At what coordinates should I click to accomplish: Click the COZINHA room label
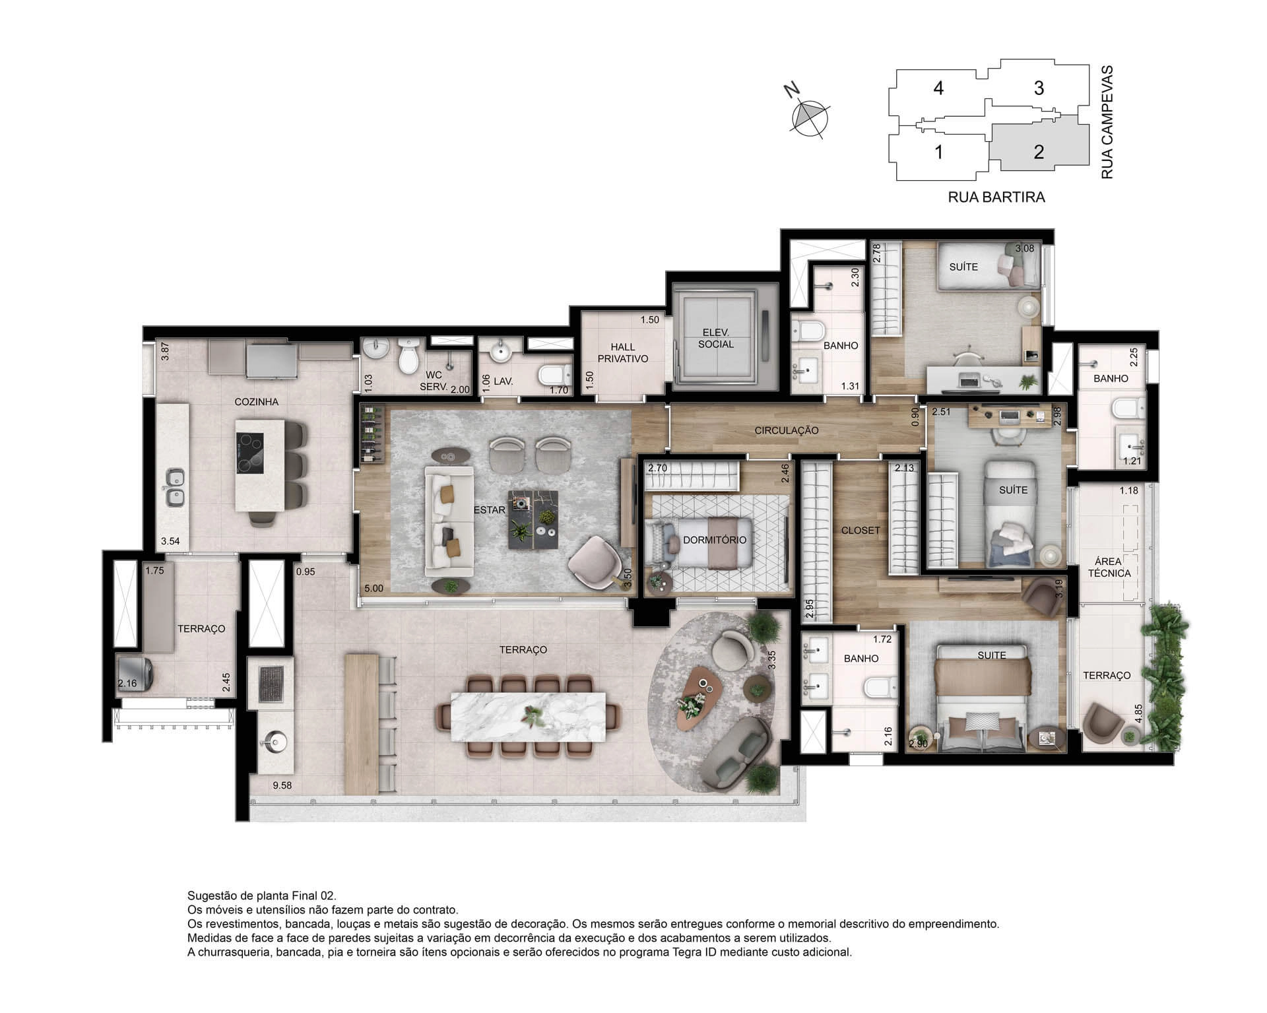[x=257, y=401]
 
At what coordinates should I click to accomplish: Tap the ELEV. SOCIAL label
[x=716, y=339]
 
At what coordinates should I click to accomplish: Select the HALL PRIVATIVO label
[x=623, y=353]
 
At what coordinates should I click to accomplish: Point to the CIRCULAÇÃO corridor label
[x=787, y=430]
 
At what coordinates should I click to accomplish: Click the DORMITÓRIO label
[x=715, y=540]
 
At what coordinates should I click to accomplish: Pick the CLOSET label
[x=861, y=530]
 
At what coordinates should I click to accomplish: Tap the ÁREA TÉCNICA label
[x=1109, y=568]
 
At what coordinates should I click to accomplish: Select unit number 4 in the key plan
[x=938, y=88]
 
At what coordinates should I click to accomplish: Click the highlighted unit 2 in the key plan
[x=1039, y=152]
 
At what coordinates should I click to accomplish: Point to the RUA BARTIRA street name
[x=996, y=197]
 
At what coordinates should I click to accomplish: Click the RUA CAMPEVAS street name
[x=1107, y=122]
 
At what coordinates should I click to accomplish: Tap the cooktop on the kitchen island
[x=250, y=453]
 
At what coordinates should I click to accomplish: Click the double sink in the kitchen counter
[x=174, y=487]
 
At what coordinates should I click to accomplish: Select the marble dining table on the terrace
[x=529, y=715]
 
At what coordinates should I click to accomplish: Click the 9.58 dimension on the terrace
[x=282, y=785]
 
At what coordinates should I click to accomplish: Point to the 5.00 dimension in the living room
[x=374, y=588]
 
